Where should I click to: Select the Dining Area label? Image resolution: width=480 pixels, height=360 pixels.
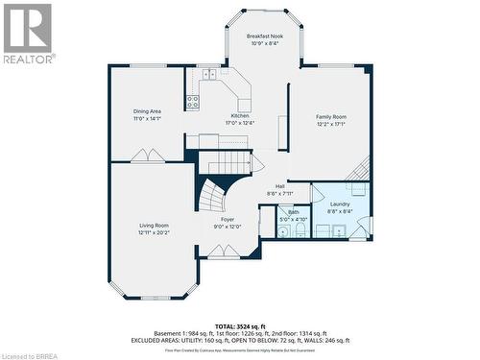pyautogui.click(x=147, y=111)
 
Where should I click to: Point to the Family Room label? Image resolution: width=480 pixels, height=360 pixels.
pyautogui.click(x=331, y=116)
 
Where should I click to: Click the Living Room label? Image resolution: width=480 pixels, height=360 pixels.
pyautogui.click(x=154, y=226)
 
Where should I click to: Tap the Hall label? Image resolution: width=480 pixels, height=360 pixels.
pyautogui.click(x=279, y=186)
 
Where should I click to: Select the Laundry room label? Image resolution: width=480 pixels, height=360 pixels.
pyautogui.click(x=339, y=204)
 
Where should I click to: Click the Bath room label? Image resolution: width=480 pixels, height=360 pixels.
pyautogui.click(x=293, y=212)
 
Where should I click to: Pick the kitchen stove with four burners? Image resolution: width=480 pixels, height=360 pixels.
pyautogui.click(x=192, y=100)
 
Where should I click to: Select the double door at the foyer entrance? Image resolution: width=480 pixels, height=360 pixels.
pyautogui.click(x=223, y=252)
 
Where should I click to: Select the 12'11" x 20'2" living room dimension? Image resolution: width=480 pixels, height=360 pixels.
pyautogui.click(x=154, y=232)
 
